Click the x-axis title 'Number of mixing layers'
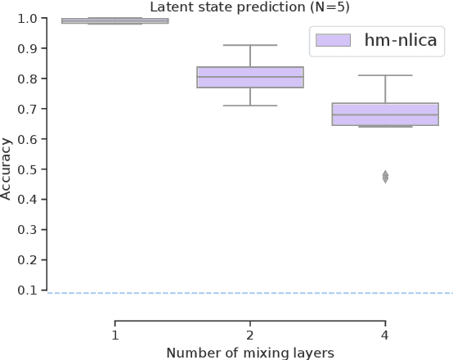tap(249, 352)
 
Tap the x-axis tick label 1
tap(115, 335)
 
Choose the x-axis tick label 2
tap(249, 335)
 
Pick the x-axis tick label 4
tap(384, 335)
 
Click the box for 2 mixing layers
tap(249, 77)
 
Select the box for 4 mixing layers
tap(384, 114)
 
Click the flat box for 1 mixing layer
tap(115, 20)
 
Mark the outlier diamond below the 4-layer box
tap(384, 177)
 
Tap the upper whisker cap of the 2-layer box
tap(249, 45)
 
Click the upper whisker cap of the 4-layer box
tap(384, 75)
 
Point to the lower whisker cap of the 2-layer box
tap(249, 106)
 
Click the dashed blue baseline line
tap(245, 293)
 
